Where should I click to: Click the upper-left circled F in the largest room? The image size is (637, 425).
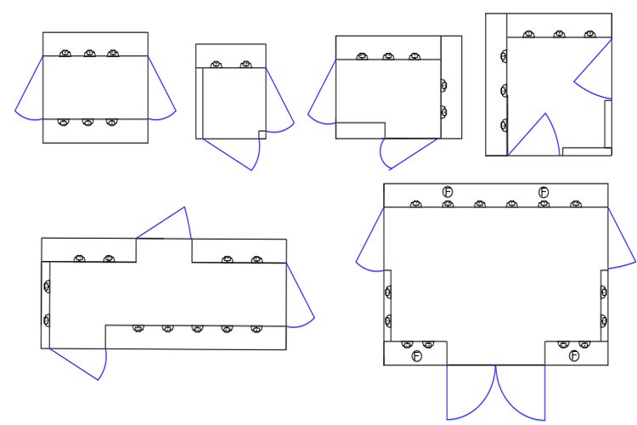(448, 192)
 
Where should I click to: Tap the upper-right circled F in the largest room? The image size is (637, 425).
(544, 192)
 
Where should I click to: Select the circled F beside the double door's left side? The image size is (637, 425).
(417, 355)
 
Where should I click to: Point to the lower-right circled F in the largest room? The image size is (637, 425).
(574, 355)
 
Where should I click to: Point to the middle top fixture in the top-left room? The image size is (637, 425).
(89, 54)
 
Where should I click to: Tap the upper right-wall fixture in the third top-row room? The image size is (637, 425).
(443, 85)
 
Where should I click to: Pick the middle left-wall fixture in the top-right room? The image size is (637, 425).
(504, 90)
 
